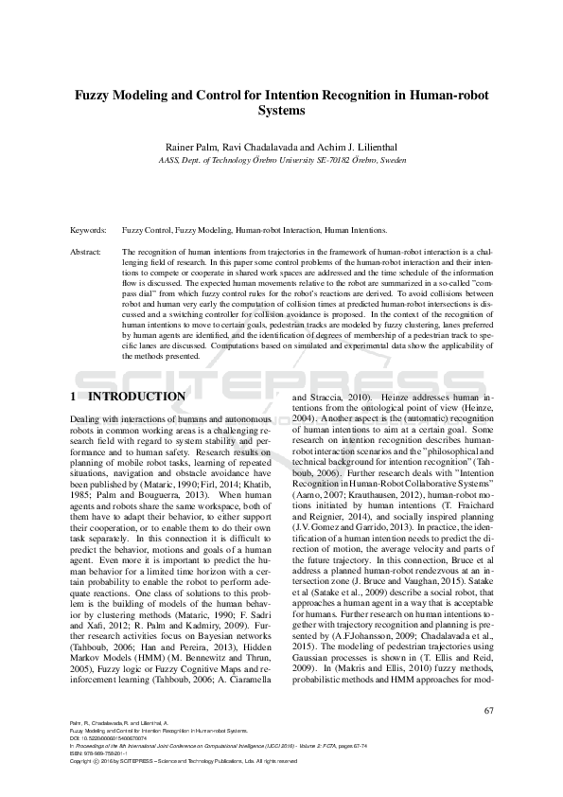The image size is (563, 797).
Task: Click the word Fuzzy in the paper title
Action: (x=98, y=95)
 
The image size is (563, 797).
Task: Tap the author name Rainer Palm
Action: (x=193, y=148)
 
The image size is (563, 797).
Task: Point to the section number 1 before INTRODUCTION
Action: (x=74, y=396)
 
